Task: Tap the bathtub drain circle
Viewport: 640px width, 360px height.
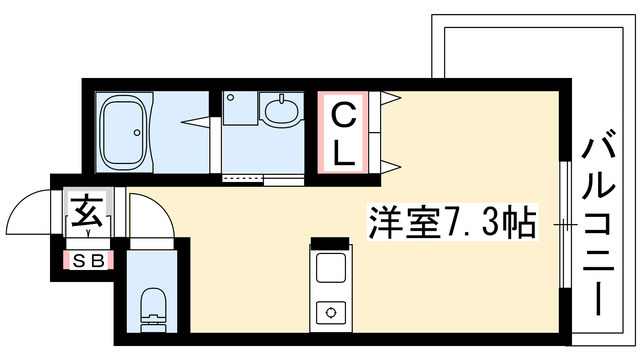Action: pos(137,133)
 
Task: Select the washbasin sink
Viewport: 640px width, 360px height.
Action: pos(282,109)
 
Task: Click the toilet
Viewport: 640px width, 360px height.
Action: pos(153,309)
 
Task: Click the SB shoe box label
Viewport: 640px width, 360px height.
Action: pos(89,261)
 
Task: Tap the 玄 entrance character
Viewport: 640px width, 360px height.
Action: pos(87,212)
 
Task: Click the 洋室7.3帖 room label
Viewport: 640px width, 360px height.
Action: pos(452,222)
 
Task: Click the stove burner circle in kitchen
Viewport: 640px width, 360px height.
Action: pos(331,313)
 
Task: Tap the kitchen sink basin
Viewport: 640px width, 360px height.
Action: pos(331,268)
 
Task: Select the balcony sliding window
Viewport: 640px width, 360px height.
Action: pos(565,225)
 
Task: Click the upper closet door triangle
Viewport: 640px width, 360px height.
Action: pos(390,98)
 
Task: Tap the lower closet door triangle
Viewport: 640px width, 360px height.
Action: pos(390,167)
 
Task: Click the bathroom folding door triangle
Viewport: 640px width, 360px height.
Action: pos(197,122)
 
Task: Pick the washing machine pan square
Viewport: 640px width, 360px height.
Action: pos(240,108)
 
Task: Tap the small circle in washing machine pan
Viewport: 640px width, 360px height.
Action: pos(231,98)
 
